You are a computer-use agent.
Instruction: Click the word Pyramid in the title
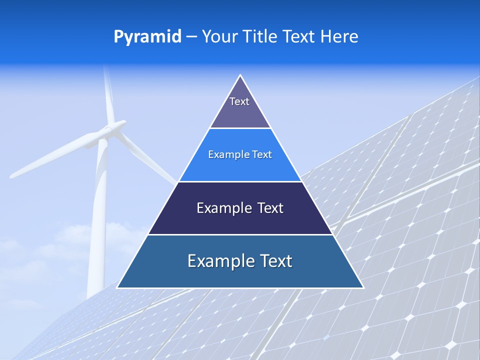click(x=147, y=37)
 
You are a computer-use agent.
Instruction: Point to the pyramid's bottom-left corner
click(x=117, y=287)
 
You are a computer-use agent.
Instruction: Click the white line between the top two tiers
click(x=240, y=128)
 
